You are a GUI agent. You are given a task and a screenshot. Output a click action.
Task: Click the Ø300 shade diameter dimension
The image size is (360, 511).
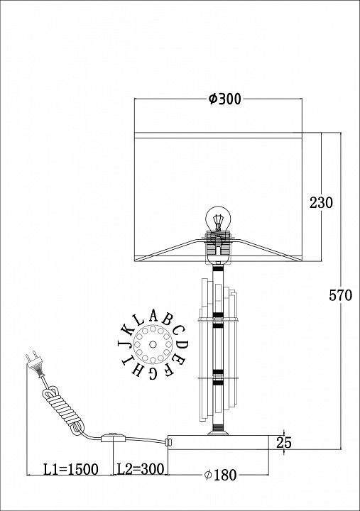click(224, 99)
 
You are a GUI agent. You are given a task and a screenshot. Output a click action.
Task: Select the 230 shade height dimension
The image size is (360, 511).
click(321, 203)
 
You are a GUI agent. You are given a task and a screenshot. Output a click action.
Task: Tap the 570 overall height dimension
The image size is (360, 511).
click(340, 295)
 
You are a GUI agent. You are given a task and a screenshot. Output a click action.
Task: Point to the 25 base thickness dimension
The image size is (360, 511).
click(284, 443)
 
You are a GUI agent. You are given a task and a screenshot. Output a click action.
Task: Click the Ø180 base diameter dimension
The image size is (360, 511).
click(220, 475)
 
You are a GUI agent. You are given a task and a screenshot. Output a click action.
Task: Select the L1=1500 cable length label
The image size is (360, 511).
click(71, 470)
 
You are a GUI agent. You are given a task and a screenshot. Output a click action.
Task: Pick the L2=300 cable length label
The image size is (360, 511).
click(141, 469)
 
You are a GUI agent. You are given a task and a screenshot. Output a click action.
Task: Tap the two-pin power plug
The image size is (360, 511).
click(34, 363)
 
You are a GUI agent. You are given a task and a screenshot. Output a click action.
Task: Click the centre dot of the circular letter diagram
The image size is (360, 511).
click(152, 344)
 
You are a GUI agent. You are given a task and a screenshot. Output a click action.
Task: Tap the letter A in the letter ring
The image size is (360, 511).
click(153, 315)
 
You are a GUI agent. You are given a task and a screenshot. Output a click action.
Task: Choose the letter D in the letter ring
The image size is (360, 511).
click(183, 344)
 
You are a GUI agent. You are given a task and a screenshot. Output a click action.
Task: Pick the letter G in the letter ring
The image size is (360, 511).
click(153, 374)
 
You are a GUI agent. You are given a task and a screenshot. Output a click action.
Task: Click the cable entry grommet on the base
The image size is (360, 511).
click(168, 442)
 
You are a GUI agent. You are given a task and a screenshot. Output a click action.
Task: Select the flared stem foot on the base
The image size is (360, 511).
click(218, 432)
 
